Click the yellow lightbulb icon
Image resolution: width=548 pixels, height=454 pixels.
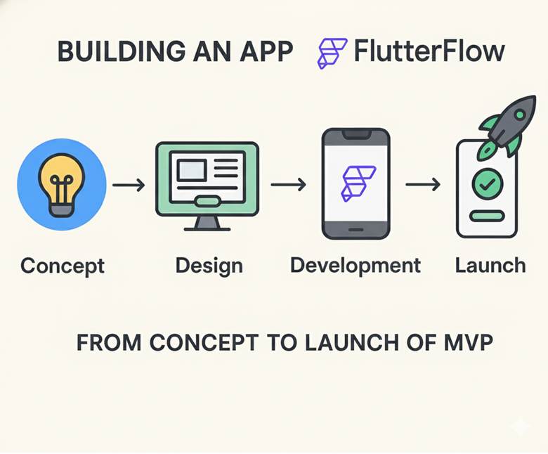coord(61,183)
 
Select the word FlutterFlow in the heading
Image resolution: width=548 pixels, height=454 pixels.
coord(429,53)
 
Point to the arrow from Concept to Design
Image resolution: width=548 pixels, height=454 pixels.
coord(129,186)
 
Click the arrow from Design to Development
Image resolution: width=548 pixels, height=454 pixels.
coord(288,185)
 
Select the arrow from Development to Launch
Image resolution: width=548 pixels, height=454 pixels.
coord(423,185)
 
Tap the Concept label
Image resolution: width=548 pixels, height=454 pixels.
coord(63,266)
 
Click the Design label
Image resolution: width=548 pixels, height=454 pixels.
coord(209,266)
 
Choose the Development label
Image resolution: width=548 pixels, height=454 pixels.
coord(355,265)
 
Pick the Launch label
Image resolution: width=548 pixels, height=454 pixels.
coord(490,265)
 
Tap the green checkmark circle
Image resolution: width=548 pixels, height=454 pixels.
coord(486,183)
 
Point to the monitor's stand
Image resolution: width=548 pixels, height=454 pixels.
coord(207,223)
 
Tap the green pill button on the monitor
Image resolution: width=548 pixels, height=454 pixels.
coord(207,202)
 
